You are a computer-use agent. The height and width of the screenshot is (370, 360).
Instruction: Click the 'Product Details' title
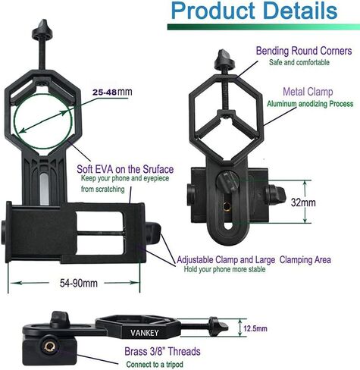pos(254,11)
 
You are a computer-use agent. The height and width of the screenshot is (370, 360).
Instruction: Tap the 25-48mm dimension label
pos(112,92)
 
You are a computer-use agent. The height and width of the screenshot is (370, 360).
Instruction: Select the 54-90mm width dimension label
pos(79,283)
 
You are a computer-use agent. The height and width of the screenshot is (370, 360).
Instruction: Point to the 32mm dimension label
pos(303,202)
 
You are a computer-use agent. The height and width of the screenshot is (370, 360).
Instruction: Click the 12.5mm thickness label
pos(255,328)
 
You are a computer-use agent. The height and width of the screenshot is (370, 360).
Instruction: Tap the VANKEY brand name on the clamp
pos(145,333)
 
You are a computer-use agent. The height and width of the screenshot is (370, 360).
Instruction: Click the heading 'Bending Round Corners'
pos(304,51)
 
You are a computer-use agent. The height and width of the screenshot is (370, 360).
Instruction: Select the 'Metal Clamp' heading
pos(308,92)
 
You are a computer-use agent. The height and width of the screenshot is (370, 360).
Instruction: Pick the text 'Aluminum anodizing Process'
pos(310,104)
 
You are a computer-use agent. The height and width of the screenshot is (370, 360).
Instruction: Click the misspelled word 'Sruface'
pos(158,169)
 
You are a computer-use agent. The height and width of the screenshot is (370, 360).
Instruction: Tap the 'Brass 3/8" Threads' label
pos(162,352)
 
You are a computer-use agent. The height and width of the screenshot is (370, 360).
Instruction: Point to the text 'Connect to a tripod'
pos(155,365)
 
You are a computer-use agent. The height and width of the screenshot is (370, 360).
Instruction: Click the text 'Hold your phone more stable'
pos(224,269)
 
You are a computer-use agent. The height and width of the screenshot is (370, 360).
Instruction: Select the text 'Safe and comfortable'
pos(299,62)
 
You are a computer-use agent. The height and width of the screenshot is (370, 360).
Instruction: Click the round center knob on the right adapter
pos(227,182)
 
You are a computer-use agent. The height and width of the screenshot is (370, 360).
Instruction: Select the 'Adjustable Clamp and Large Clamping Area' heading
pos(254,260)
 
